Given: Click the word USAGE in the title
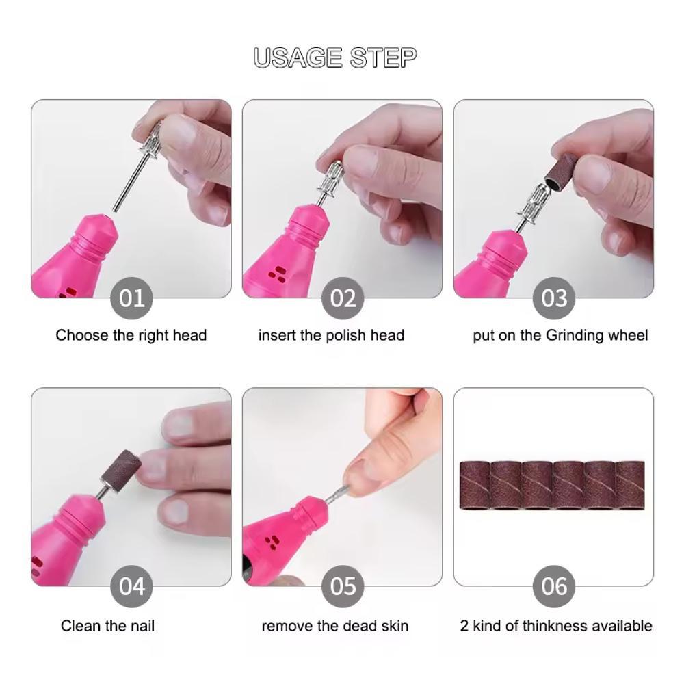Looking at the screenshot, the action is click(298, 57).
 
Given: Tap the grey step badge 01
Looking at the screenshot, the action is click(132, 298).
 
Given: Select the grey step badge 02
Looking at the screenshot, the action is click(343, 298).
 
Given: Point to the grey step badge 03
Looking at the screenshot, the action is click(554, 298).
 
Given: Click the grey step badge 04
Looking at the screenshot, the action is click(132, 586).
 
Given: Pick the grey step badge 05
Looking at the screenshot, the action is click(343, 586).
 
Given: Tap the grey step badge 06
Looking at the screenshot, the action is click(554, 586).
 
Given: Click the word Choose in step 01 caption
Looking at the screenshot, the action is click(82, 335).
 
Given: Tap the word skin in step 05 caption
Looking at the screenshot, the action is click(395, 626).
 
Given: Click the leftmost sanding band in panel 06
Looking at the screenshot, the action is click(476, 485).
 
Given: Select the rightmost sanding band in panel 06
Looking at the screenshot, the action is click(630, 485).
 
